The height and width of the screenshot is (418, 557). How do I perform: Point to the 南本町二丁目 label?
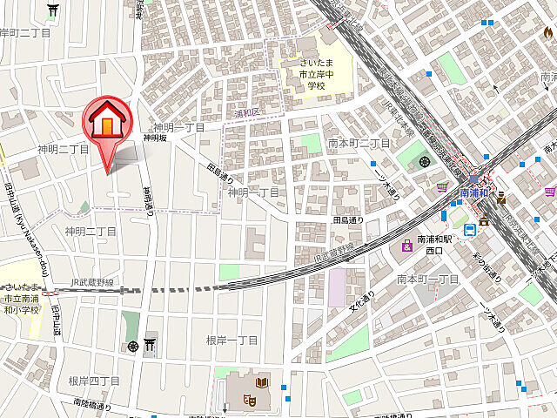[x=359, y=142]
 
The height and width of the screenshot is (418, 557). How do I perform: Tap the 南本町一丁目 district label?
[x=426, y=279]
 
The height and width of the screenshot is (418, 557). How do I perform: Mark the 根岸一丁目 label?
[x=232, y=340]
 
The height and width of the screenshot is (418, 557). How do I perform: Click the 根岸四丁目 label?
[x=93, y=381]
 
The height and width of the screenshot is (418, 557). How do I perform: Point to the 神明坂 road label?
[x=154, y=138]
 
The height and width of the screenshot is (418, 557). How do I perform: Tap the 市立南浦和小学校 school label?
[x=21, y=299]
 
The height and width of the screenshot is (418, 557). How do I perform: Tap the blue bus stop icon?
[x=470, y=230]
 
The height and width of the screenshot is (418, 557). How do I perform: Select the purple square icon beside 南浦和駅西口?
[x=406, y=246]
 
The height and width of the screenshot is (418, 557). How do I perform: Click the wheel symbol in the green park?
[x=424, y=160]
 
